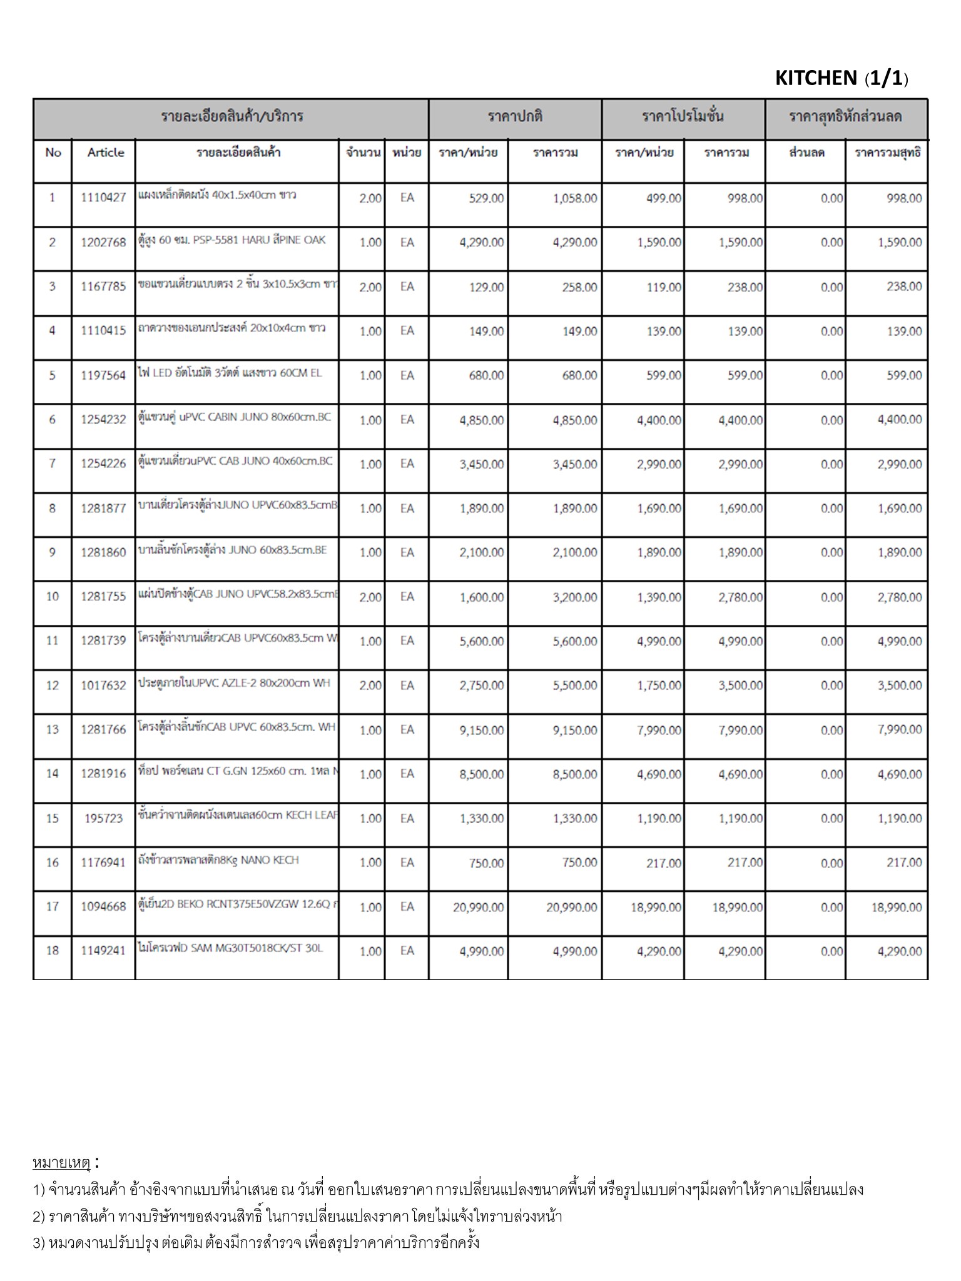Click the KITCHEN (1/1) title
pos(841,78)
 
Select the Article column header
pos(105,153)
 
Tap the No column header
pos(53,153)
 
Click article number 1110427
pos(103,198)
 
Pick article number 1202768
pos(103,243)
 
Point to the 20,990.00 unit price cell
pos(478,907)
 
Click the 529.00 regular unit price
pos(486,198)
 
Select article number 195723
pos(103,819)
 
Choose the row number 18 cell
pos(53,951)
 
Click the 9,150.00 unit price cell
pos(481,730)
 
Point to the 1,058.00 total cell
pos(574,198)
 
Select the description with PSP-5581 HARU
pos(231,240)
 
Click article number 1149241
pos(103,951)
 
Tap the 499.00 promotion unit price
pos(664,198)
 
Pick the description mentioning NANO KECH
pos(218,860)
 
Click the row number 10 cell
pos(53,597)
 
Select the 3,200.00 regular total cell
pos(574,597)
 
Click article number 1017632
pos(103,686)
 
